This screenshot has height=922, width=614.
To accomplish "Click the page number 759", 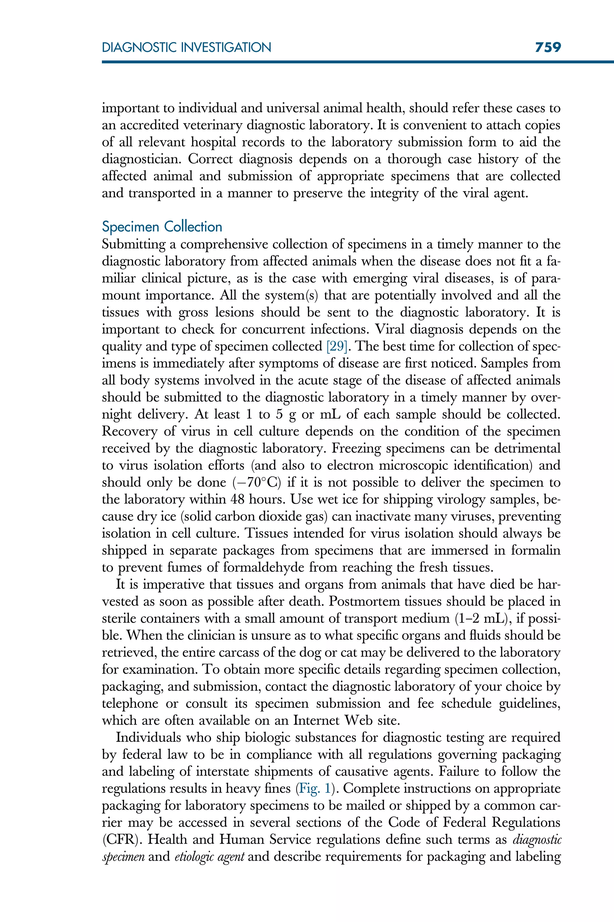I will coord(548,47).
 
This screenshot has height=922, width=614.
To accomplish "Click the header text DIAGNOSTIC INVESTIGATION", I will coord(186,48).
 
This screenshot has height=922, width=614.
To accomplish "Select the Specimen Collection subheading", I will coord(162,227).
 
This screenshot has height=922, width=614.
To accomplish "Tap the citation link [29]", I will coord(337,346).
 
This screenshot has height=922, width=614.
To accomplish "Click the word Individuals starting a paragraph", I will coord(147,737).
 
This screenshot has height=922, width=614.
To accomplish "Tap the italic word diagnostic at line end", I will coord(536,840).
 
